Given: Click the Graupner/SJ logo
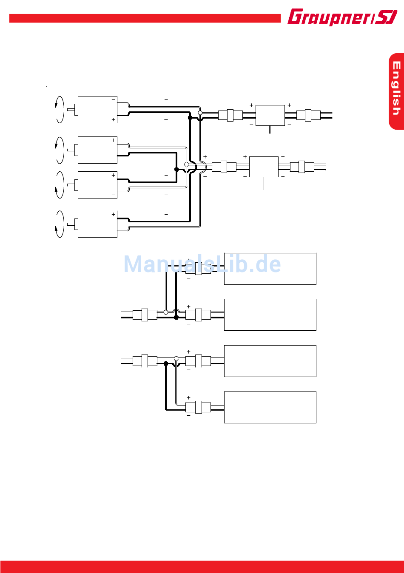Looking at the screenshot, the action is pyautogui.click(x=342, y=17).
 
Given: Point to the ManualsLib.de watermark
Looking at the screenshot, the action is pyautogui.click(x=202, y=264).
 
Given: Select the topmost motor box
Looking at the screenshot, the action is pyautogui.click(x=97, y=110).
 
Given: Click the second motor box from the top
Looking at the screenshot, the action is pyautogui.click(x=97, y=150).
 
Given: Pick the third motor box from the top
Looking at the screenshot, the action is pyautogui.click(x=97, y=185).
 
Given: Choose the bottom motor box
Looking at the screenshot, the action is pyautogui.click(x=97, y=224).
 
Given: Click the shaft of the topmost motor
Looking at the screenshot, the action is pyautogui.click(x=71, y=110).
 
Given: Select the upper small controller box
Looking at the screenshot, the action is pyautogui.click(x=270, y=115).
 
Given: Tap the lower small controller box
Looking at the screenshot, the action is pyautogui.click(x=264, y=167).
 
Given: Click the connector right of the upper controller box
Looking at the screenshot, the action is pyautogui.click(x=308, y=115).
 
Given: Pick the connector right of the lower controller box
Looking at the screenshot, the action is pyautogui.click(x=302, y=167).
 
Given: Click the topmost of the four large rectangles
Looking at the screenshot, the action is pyautogui.click(x=270, y=269).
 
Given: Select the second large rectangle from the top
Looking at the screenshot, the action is pyautogui.click(x=270, y=315).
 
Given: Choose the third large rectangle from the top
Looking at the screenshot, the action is pyautogui.click(x=270, y=361).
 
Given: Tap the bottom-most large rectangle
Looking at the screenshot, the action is pyautogui.click(x=270, y=407).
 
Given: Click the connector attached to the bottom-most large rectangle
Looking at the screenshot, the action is pyautogui.click(x=198, y=407).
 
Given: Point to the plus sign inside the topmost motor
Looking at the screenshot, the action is pyautogui.click(x=114, y=120).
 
